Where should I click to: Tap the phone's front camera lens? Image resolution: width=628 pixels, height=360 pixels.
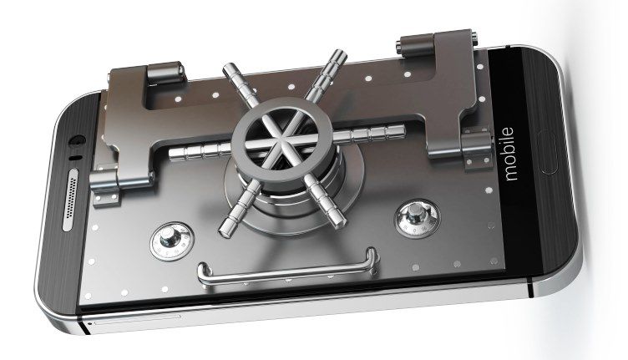tap(77, 140)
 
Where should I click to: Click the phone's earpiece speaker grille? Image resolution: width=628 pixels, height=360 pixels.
tap(71, 200)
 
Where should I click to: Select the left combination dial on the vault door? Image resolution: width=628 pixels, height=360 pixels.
tap(172, 241)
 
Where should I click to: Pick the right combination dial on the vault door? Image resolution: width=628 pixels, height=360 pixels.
tap(417, 219)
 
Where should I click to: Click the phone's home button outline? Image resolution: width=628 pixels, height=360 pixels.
tap(549, 152)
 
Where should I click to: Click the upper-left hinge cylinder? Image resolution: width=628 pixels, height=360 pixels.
tap(165, 73)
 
